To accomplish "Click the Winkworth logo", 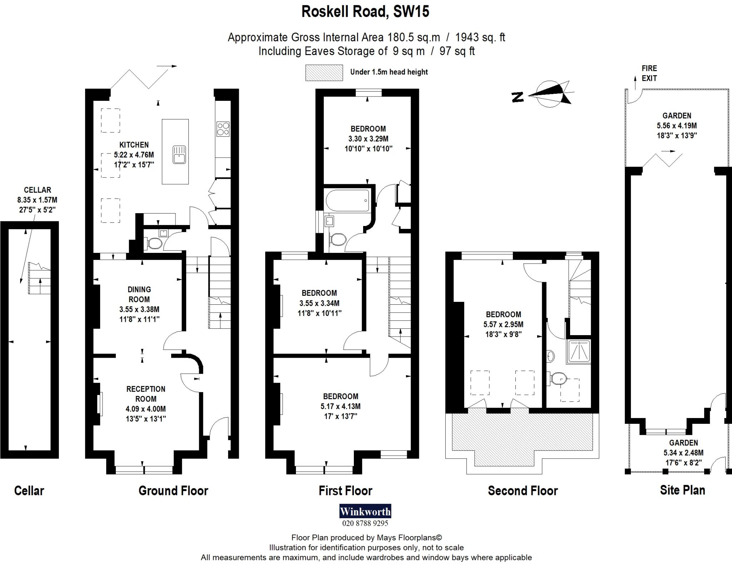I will click(365, 511).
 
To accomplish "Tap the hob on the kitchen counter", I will click(223, 129).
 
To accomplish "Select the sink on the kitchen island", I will click(179, 154).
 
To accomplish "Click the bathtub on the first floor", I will click(347, 200).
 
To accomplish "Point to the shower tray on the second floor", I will click(578, 352).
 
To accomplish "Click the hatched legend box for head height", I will click(324, 73).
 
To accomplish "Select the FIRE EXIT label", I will click(649, 73).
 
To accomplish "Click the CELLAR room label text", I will click(37, 190).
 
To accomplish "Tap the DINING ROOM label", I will click(139, 294).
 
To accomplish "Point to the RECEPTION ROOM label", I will click(146, 394).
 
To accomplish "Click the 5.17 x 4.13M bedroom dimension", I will click(340, 406).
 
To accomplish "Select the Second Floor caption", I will click(523, 491).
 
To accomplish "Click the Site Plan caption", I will click(682, 490).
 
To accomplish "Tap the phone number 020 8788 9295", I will click(365, 523).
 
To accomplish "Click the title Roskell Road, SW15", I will click(365, 11).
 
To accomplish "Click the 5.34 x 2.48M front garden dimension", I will click(683, 453).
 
